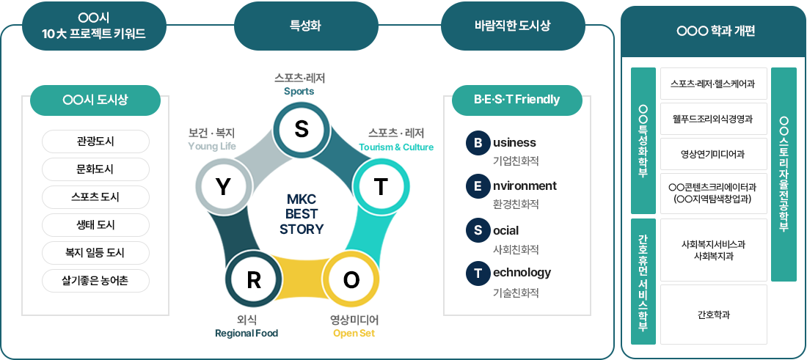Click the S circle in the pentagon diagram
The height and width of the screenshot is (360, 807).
(x=301, y=128)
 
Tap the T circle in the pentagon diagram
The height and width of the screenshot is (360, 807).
(x=380, y=187)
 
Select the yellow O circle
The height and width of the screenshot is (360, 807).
(x=351, y=280)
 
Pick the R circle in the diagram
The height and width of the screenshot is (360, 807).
(x=253, y=280)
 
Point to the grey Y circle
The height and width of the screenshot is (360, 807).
(x=223, y=187)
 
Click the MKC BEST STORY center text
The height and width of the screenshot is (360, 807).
(x=302, y=214)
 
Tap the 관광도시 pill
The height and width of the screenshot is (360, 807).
(x=95, y=142)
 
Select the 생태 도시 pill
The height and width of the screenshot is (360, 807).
(x=95, y=225)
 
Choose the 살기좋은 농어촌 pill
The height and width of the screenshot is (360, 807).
(x=95, y=281)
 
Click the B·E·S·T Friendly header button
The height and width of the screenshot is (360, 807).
(x=516, y=100)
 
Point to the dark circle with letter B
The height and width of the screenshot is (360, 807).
(x=478, y=143)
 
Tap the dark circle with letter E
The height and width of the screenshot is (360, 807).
(x=478, y=186)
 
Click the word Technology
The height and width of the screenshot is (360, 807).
(x=522, y=273)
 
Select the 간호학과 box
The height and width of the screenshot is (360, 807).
(x=713, y=315)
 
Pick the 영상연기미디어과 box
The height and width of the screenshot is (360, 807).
(x=713, y=154)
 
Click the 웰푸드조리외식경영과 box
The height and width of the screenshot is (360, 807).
(x=713, y=119)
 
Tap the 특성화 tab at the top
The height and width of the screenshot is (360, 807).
(x=306, y=26)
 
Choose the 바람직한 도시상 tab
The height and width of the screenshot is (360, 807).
(x=512, y=26)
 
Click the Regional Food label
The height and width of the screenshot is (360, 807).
(x=247, y=334)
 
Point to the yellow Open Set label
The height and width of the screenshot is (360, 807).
(x=354, y=334)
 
